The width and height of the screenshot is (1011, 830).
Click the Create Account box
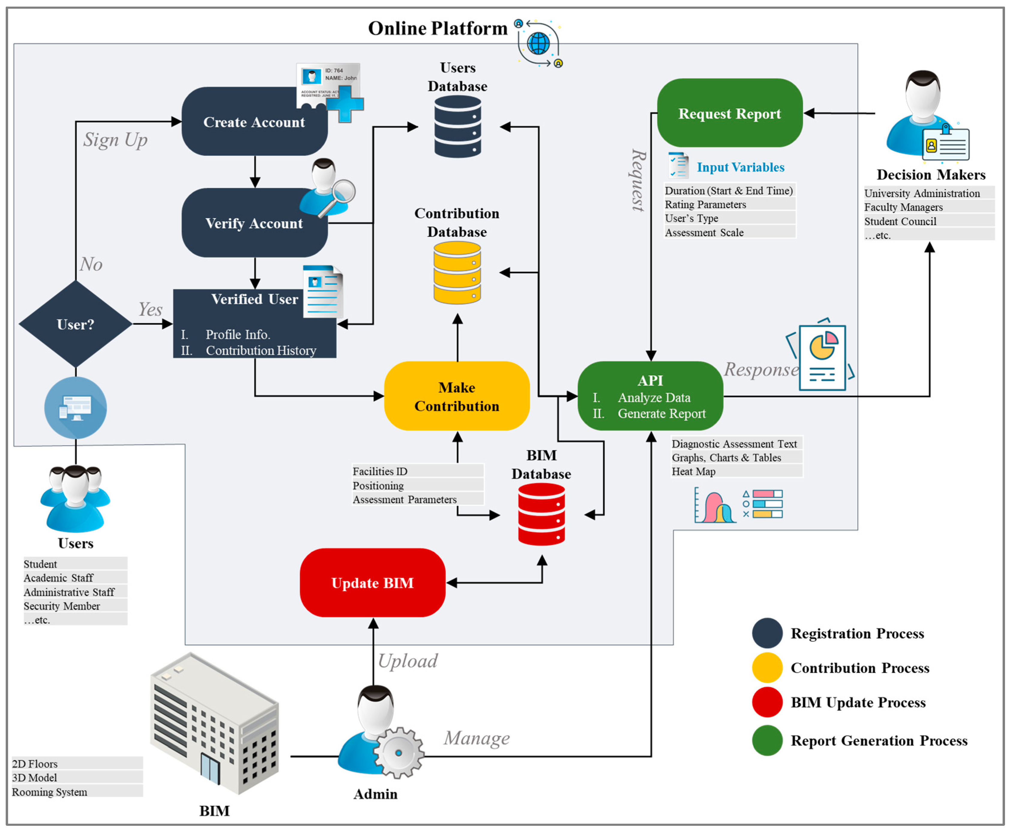[254, 122]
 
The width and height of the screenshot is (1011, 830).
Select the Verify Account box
[254, 223]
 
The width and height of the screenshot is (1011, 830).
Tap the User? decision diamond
[76, 324]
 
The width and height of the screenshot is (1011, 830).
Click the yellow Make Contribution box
[457, 396]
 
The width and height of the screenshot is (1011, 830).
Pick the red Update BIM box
[372, 583]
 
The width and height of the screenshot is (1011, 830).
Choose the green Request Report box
[729, 113]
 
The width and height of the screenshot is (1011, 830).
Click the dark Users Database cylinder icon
[458, 127]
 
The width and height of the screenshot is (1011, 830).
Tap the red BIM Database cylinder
[541, 514]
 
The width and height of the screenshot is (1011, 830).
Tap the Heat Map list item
[694, 472]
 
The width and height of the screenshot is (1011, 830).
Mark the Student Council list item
[900, 221]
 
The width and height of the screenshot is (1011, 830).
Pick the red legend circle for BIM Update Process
[767, 702]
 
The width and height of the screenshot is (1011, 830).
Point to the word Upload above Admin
[408, 661]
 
